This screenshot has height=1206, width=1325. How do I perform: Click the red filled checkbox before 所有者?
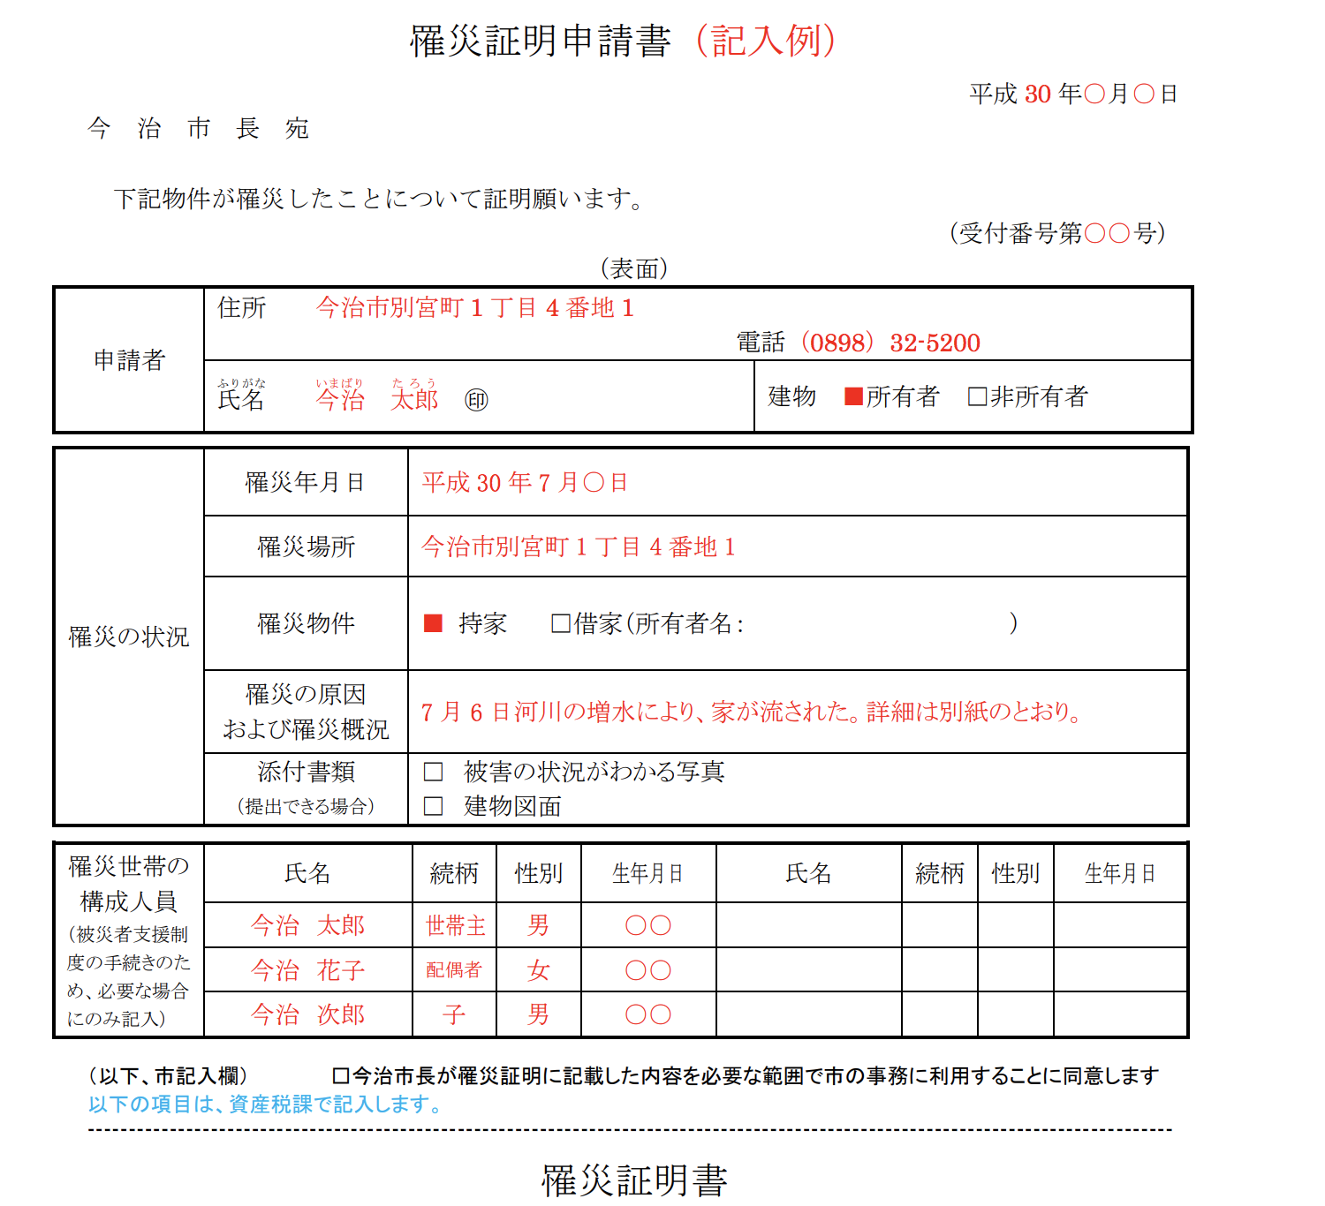pyautogui.click(x=853, y=396)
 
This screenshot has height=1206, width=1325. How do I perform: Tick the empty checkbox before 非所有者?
pyautogui.click(x=977, y=396)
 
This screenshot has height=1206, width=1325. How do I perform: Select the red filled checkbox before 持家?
pyautogui.click(x=433, y=623)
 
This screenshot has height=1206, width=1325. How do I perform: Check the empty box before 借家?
pyautogui.click(x=560, y=623)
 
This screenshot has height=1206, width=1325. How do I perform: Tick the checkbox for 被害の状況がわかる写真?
pyautogui.click(x=433, y=773)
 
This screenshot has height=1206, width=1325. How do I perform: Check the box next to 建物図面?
pyautogui.click(x=433, y=806)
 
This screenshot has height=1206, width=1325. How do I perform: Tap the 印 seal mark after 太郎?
pyautogui.click(x=476, y=401)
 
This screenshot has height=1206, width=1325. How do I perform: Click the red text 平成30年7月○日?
pyautogui.click(x=525, y=482)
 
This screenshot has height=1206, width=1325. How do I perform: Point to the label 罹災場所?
pyautogui.click(x=306, y=546)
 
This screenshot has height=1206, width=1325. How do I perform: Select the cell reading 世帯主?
pyautogui.click(x=455, y=925)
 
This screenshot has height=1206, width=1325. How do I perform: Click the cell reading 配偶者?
pyautogui.click(x=454, y=969)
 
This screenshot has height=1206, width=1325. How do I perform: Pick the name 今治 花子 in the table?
pyautogui.click(x=307, y=970)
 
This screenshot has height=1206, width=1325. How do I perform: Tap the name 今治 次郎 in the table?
pyautogui.click(x=307, y=1014)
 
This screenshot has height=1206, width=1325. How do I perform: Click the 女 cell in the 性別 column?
pyautogui.click(x=538, y=970)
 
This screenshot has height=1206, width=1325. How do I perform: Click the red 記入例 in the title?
pyautogui.click(x=765, y=41)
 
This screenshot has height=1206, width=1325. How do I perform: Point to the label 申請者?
pyautogui.click(x=129, y=360)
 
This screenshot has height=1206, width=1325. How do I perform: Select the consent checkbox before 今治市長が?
pyautogui.click(x=340, y=1076)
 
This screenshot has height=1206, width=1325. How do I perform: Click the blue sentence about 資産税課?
pyautogui.click(x=265, y=1104)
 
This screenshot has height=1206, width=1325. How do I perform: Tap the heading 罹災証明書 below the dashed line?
pyautogui.click(x=634, y=1180)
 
